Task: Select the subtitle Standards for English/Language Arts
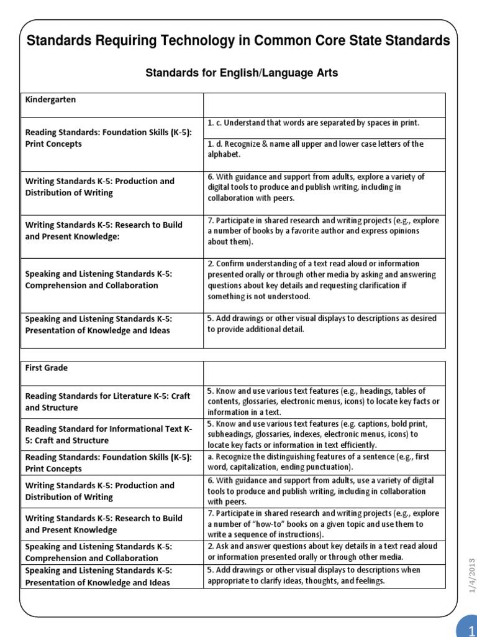242,73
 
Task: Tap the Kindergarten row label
51,99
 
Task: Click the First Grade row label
47,368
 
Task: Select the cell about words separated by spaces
314,123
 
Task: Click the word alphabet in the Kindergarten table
224,154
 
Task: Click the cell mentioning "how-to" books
323,524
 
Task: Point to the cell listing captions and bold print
323,434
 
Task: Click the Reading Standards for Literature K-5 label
107,402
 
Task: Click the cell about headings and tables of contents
323,401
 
